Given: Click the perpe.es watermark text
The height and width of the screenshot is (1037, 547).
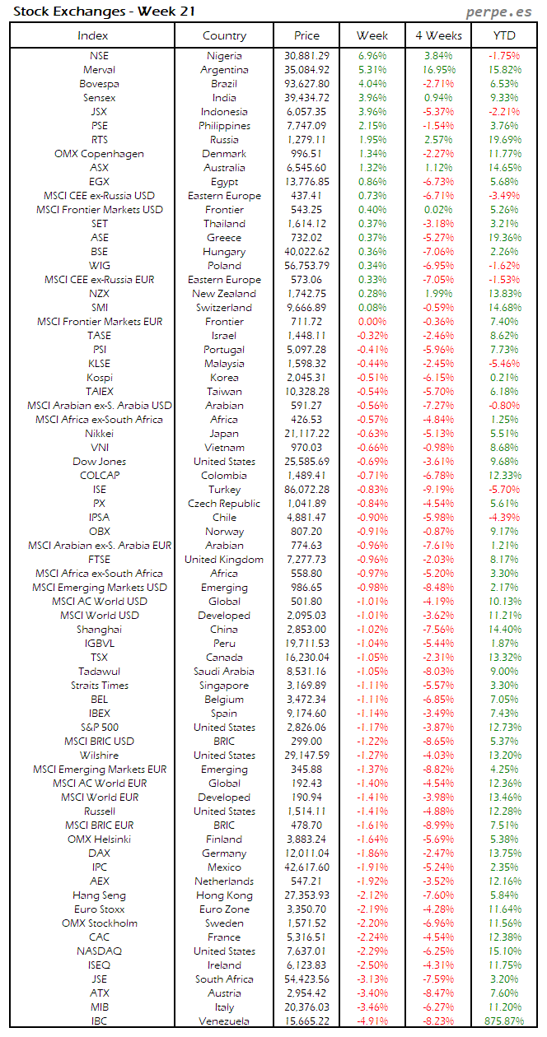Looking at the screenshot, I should click(500, 12).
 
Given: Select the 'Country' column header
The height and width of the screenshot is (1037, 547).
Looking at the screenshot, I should click(224, 35).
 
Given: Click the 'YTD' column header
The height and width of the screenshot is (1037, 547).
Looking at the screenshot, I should click(504, 35).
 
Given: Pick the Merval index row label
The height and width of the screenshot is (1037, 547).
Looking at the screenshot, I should click(99, 70).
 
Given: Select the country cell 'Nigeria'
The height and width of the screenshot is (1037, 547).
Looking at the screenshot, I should click(224, 56).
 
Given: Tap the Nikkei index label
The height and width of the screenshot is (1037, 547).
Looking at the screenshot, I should click(99, 434).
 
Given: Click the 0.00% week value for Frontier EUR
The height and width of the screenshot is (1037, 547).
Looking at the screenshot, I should click(372, 322).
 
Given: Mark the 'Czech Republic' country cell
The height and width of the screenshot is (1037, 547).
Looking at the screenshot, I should click(224, 504).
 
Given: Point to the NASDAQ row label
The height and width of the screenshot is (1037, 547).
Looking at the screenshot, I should click(99, 951).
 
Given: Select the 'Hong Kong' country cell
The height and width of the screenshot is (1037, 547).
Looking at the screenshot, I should click(224, 895).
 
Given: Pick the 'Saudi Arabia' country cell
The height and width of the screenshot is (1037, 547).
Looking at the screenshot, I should click(224, 672).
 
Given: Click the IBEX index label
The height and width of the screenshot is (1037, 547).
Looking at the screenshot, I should click(99, 714).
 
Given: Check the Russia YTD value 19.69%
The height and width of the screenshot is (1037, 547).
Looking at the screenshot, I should click(504, 140).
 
